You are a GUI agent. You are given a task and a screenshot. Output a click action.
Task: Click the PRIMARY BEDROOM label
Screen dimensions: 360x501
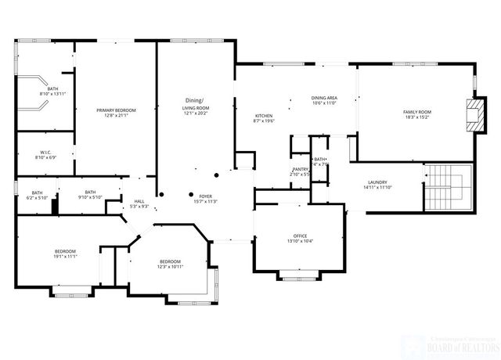[x=116, y=111]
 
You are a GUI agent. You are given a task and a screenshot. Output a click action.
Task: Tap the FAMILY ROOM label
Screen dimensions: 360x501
[x=417, y=113]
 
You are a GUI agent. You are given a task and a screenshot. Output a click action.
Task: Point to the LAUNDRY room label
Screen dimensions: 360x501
[x=377, y=182]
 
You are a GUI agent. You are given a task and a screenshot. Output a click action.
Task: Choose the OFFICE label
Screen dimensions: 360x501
[x=299, y=235]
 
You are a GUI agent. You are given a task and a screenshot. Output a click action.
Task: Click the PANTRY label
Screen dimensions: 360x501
[x=300, y=168]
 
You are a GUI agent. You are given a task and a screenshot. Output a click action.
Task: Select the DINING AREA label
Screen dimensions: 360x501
[x=324, y=98]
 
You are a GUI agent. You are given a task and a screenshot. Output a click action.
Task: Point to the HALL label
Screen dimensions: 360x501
[x=139, y=200]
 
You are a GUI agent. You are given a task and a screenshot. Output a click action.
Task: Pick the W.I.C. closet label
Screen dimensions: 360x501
[x=46, y=152]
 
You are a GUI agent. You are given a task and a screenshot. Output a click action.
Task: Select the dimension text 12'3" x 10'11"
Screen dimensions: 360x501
[x=171, y=267]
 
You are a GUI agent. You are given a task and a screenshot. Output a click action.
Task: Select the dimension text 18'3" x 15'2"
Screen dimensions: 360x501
[x=417, y=118]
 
